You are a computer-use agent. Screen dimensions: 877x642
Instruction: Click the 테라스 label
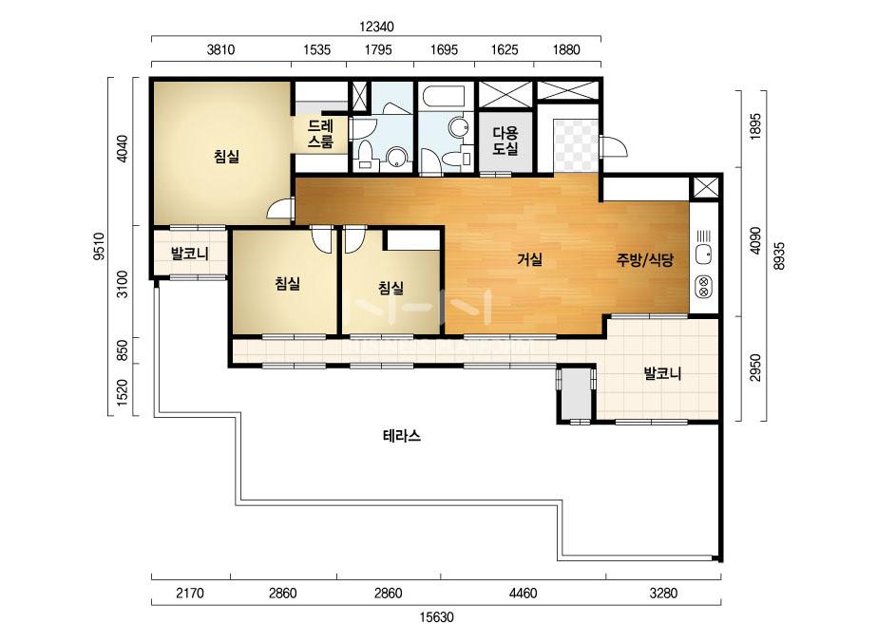pos(402,436)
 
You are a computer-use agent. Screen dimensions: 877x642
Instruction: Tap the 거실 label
pos(529,259)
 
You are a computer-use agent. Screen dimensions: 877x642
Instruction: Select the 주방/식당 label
pos(645,259)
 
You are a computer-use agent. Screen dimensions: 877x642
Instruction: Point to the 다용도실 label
pos(505,141)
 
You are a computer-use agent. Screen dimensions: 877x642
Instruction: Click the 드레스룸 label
pos(320,134)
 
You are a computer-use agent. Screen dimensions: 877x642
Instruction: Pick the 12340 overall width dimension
pos(376,27)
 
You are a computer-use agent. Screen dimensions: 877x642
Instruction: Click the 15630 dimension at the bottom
pos(436,617)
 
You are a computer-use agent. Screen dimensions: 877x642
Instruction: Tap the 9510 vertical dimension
pos(99,247)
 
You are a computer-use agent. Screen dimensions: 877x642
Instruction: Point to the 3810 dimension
pos(220,49)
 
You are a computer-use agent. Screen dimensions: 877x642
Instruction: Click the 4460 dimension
pos(523,593)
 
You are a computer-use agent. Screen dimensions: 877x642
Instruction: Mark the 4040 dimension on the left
pos(123,148)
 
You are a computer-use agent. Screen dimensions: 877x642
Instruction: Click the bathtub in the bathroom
pos(446,96)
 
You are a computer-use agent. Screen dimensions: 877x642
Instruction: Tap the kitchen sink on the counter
pos(704,249)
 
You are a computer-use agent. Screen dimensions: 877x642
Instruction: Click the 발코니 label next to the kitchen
pos(662,373)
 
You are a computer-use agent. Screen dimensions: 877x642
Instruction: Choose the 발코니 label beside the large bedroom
pos(189,254)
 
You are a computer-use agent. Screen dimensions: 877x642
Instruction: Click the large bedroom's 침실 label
pos(226,156)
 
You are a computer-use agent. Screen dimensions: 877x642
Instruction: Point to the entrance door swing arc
pos(614,146)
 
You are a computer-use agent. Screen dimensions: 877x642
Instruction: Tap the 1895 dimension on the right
pos(755,126)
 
